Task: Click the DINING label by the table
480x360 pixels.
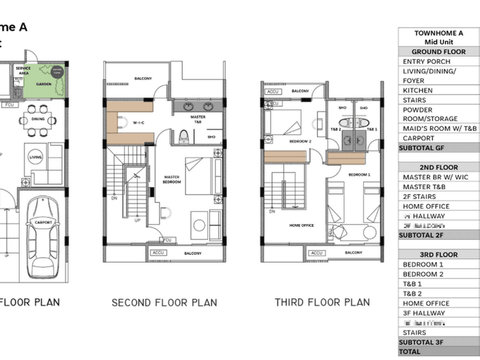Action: tap(38, 119)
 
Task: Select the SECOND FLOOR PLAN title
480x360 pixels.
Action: tap(164, 303)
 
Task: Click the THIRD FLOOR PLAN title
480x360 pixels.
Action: tap(322, 302)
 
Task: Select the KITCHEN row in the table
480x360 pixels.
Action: tap(438, 90)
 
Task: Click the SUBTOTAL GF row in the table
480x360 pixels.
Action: tap(438, 148)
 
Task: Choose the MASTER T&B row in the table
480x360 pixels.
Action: tap(438, 187)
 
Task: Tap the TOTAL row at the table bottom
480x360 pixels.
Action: tap(438, 351)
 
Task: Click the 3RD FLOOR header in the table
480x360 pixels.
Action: tap(438, 255)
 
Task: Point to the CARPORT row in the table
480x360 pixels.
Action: tap(438, 139)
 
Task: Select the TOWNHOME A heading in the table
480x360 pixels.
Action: tap(438, 33)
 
